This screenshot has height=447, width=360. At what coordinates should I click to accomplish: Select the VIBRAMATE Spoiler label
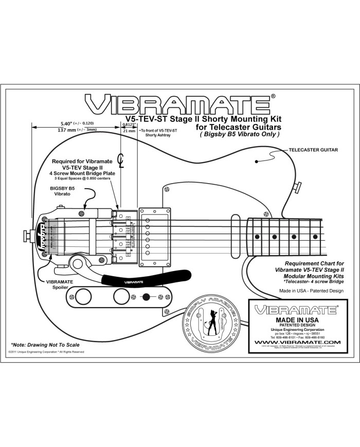pos(60,285)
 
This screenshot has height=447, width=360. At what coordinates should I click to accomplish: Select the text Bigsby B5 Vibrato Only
pos(239,134)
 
